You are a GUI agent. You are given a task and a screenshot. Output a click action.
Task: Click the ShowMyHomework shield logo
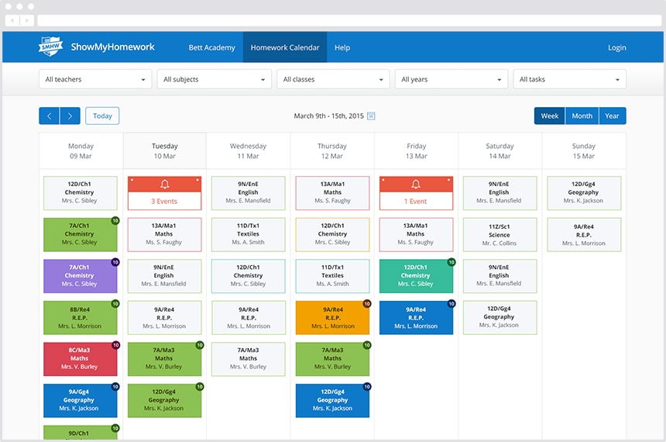[50, 47]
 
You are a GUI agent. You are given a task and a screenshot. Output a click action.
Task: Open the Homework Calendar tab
[284, 47]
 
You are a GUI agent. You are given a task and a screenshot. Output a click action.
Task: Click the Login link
[616, 47]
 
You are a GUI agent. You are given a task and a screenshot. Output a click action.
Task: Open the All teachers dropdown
[95, 79]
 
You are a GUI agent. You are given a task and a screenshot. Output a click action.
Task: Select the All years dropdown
[451, 79]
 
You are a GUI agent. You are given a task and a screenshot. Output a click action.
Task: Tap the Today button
[102, 116]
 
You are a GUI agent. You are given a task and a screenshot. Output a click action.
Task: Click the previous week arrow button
[50, 116]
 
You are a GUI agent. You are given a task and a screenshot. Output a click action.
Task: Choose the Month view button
[582, 116]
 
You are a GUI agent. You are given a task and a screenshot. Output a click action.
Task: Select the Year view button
[612, 116]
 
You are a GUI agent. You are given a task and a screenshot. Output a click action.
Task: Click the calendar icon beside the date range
[371, 116]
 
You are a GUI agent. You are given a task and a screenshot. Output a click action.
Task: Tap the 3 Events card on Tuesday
[164, 193]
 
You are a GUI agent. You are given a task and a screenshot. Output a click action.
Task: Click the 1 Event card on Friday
[417, 193]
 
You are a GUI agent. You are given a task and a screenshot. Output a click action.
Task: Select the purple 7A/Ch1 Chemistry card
[81, 276]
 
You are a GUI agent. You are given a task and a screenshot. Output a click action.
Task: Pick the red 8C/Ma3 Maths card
[81, 359]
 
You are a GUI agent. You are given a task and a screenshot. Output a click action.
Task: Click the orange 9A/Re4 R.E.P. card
[332, 318]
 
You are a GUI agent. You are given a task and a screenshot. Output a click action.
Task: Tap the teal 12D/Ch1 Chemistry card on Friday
[417, 276]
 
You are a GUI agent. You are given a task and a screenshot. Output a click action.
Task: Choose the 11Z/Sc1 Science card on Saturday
[500, 235]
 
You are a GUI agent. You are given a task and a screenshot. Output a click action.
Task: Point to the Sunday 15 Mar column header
[584, 151]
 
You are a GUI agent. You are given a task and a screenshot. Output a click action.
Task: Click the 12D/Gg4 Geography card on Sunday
[584, 193]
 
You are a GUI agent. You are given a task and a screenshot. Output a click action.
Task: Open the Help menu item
[342, 47]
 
